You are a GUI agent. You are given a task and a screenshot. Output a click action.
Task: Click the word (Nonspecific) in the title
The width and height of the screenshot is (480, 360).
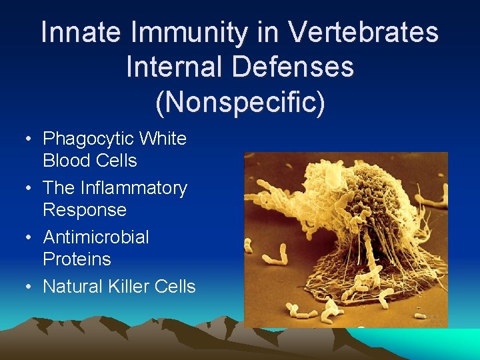point(240,102)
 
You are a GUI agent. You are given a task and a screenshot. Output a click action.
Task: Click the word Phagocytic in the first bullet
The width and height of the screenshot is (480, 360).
point(87,139)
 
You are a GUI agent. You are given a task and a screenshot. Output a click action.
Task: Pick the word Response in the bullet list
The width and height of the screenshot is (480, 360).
point(84,210)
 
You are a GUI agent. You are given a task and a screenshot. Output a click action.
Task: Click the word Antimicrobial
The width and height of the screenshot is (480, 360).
point(96,237)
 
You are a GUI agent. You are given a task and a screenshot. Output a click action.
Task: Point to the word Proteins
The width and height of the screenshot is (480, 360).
point(77,259)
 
